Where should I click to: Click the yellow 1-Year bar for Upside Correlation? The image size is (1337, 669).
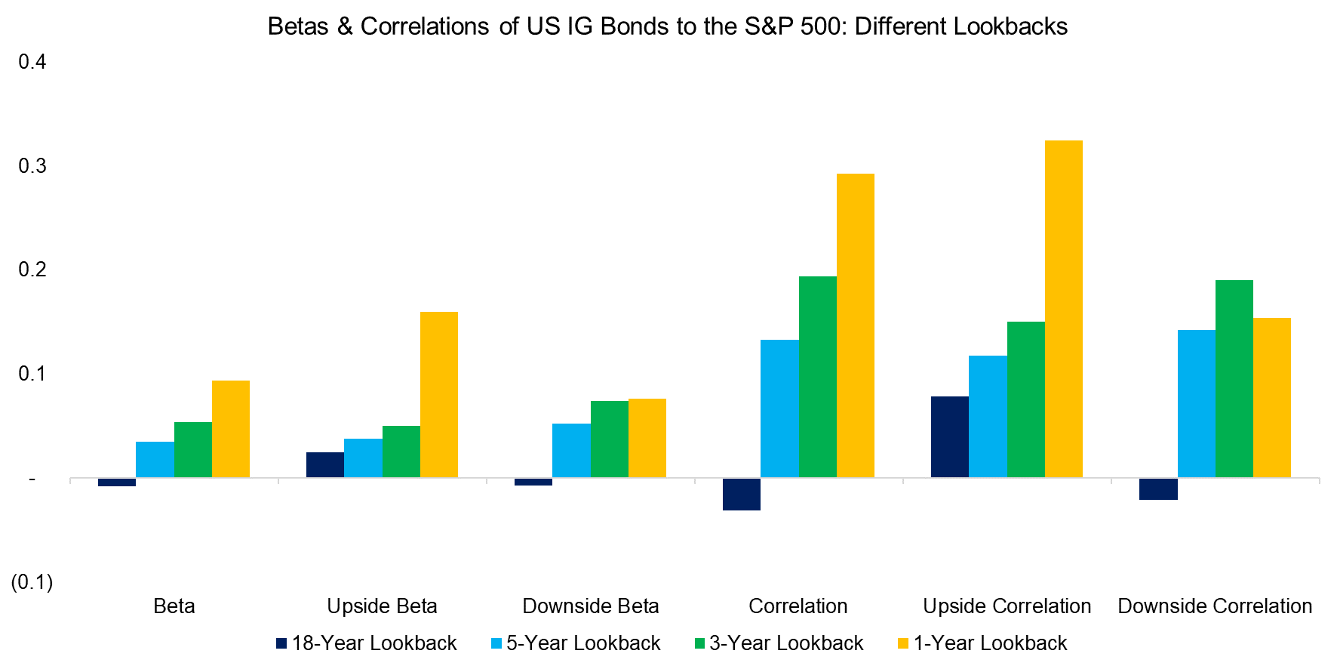(x=1063, y=309)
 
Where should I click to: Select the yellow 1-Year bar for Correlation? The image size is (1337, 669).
(x=855, y=325)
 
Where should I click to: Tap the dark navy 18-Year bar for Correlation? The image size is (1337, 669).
(x=742, y=494)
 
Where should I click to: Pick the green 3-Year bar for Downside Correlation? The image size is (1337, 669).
(x=1234, y=378)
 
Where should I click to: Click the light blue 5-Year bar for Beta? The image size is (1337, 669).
(x=155, y=459)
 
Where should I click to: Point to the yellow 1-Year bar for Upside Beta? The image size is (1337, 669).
(x=438, y=394)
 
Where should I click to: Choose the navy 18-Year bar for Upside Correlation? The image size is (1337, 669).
(x=949, y=436)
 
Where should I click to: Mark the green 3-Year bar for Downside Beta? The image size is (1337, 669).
(x=609, y=439)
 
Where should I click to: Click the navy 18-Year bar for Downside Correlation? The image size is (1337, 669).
(x=1158, y=489)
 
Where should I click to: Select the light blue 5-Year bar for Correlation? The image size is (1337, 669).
(x=779, y=408)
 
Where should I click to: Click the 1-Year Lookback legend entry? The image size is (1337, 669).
(x=982, y=643)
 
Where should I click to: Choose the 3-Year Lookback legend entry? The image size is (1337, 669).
(x=779, y=643)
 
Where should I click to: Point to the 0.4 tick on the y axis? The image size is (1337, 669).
(x=32, y=62)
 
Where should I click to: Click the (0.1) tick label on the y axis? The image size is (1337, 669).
(x=32, y=582)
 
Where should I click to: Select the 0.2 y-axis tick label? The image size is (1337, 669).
(x=32, y=270)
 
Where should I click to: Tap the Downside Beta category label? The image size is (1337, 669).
(x=590, y=606)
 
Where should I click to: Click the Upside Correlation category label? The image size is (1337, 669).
(x=1007, y=606)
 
